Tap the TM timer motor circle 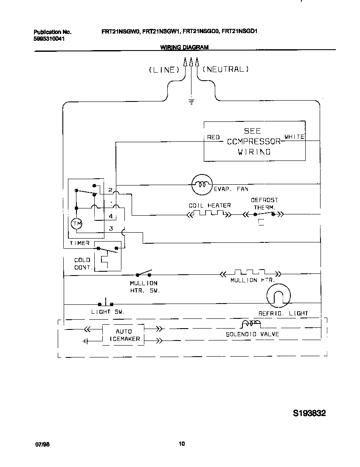point(76,223)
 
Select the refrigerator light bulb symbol point(279,296)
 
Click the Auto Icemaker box point(124,335)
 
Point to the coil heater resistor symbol point(210,214)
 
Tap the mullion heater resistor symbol point(249,273)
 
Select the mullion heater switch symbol point(143,273)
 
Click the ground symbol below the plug point(191,101)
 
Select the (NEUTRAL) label point(225,69)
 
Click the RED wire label point(213,137)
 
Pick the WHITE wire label point(294,137)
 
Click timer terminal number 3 point(111,228)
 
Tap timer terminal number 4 point(110,217)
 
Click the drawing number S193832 point(309,413)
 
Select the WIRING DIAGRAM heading point(184,48)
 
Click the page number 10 point(182,444)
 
